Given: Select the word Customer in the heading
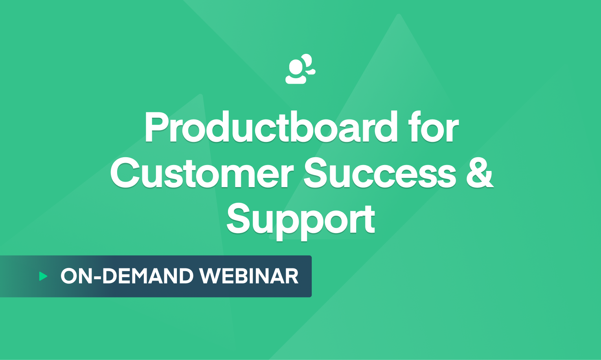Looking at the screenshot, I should (202, 173).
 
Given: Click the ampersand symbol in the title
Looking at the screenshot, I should (480, 173).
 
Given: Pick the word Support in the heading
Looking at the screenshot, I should (301, 220).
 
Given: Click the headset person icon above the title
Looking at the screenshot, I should (300, 69).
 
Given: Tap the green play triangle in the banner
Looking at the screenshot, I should (43, 276).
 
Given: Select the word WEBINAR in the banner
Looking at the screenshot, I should (249, 276).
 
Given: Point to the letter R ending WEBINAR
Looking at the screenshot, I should (291, 276).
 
